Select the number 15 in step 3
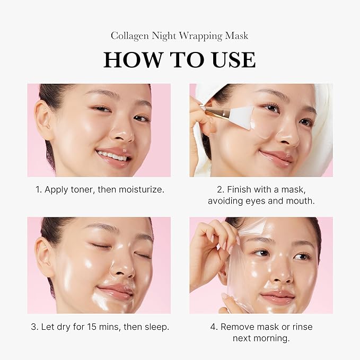point(92,327)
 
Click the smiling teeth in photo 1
point(112,156)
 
